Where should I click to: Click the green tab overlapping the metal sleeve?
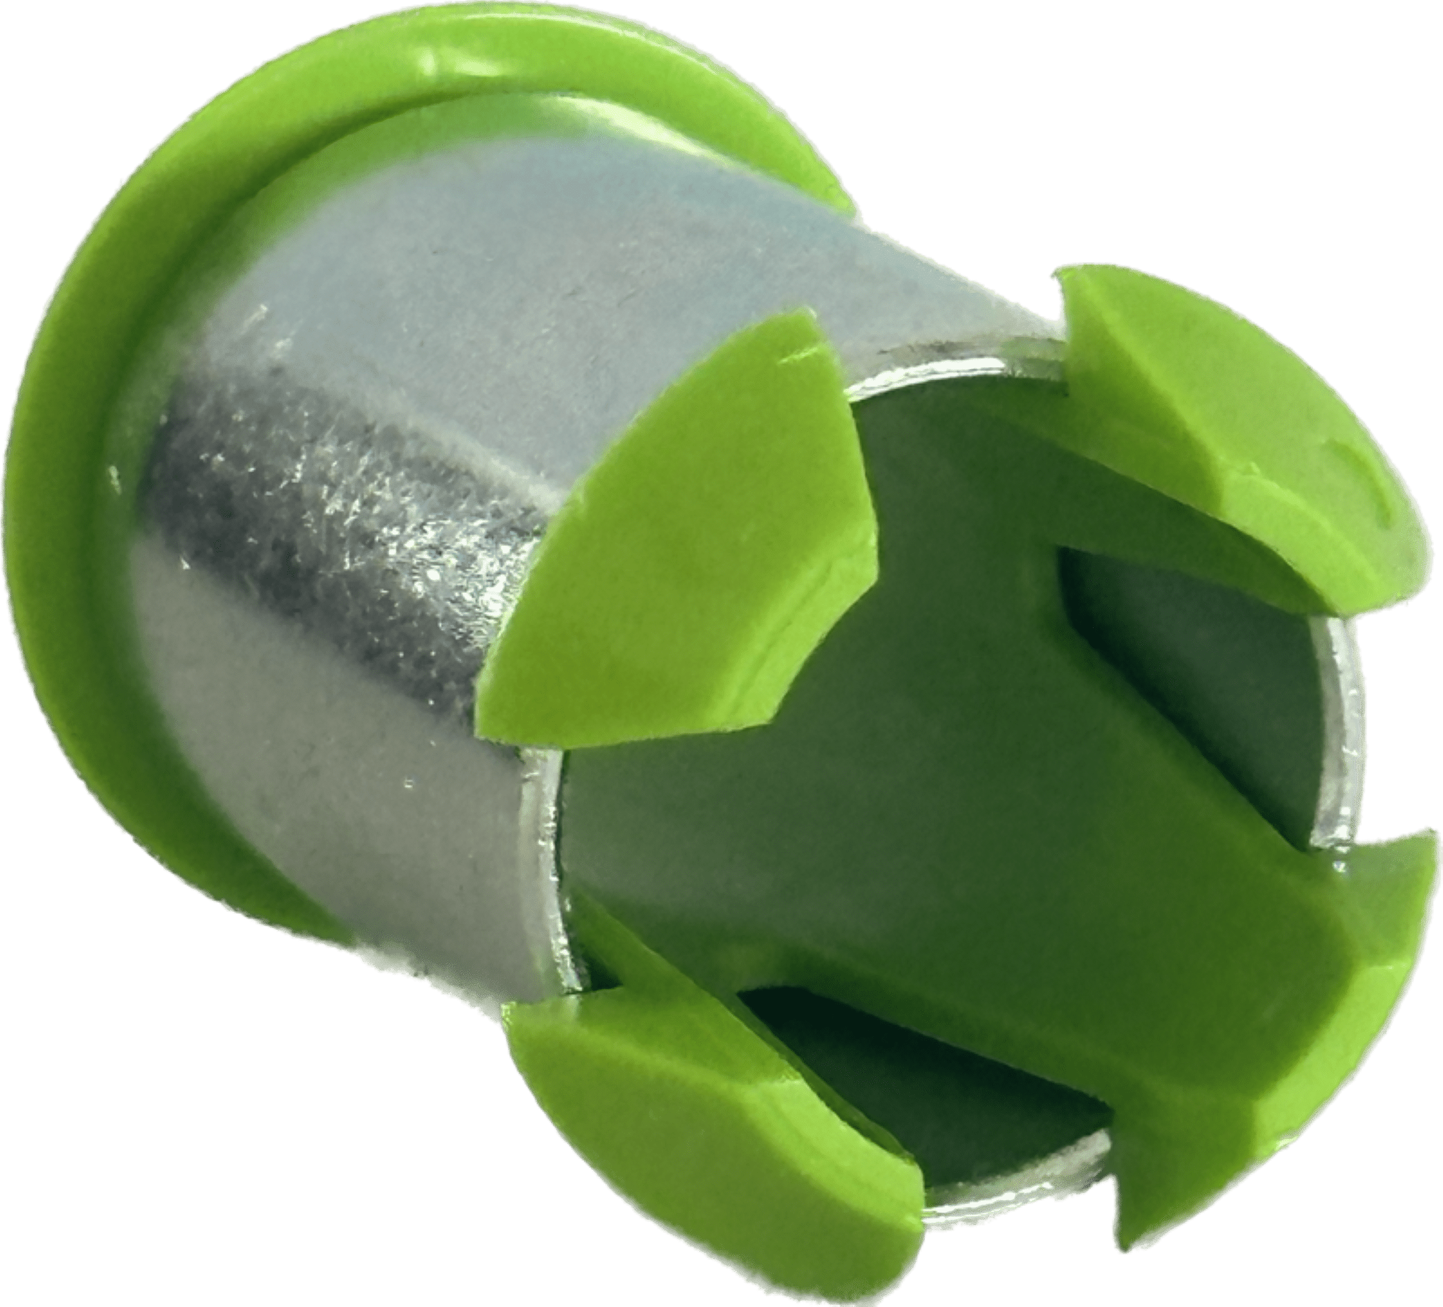687,586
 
